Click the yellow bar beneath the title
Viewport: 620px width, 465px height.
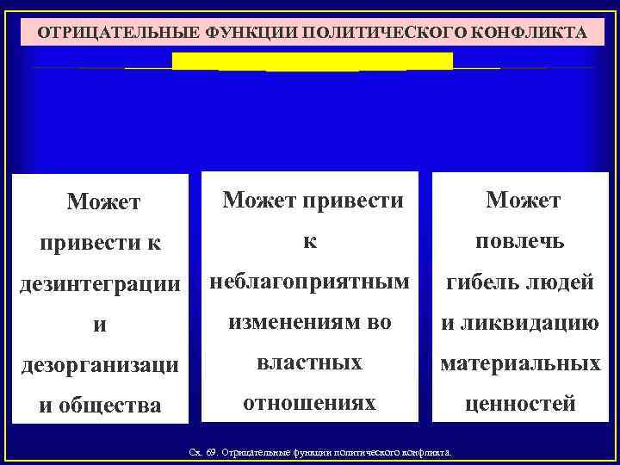[313, 61]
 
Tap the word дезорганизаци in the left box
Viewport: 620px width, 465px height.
[101, 364]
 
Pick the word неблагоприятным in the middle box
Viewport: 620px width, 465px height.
[309, 281]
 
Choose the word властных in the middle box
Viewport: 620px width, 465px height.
[309, 363]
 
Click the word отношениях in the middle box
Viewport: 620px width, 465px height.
[309, 402]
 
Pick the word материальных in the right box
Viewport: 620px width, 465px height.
[521, 363]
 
